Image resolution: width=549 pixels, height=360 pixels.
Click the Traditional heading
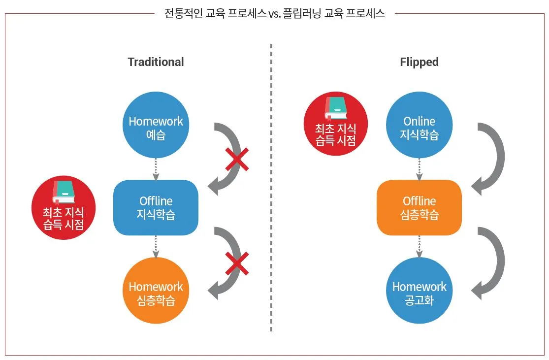click(x=156, y=62)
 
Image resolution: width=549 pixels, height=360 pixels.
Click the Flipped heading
click(x=419, y=63)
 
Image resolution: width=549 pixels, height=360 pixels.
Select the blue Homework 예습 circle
click(x=156, y=125)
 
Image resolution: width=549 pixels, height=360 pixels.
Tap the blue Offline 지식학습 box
click(x=156, y=207)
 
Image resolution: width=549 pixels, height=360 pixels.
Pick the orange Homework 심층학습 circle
click(x=156, y=290)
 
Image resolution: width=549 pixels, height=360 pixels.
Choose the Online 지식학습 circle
click(x=419, y=125)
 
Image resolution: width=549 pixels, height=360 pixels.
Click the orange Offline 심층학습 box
click(x=419, y=207)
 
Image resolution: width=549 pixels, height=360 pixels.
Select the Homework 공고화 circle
click(x=419, y=290)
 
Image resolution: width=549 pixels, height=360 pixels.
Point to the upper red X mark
click(x=237, y=160)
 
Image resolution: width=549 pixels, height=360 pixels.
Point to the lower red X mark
click(x=237, y=263)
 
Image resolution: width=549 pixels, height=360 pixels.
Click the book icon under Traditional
click(x=64, y=192)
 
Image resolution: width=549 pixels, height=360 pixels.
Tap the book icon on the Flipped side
click(x=336, y=108)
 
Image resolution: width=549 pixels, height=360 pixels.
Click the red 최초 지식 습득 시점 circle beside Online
click(x=336, y=124)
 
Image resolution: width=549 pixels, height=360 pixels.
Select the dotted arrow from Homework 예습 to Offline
click(x=156, y=169)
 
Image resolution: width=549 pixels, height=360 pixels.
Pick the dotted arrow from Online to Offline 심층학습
click(x=419, y=169)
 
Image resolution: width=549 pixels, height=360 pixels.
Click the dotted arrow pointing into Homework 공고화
click(x=419, y=247)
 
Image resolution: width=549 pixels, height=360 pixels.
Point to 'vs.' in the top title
click(x=275, y=14)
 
